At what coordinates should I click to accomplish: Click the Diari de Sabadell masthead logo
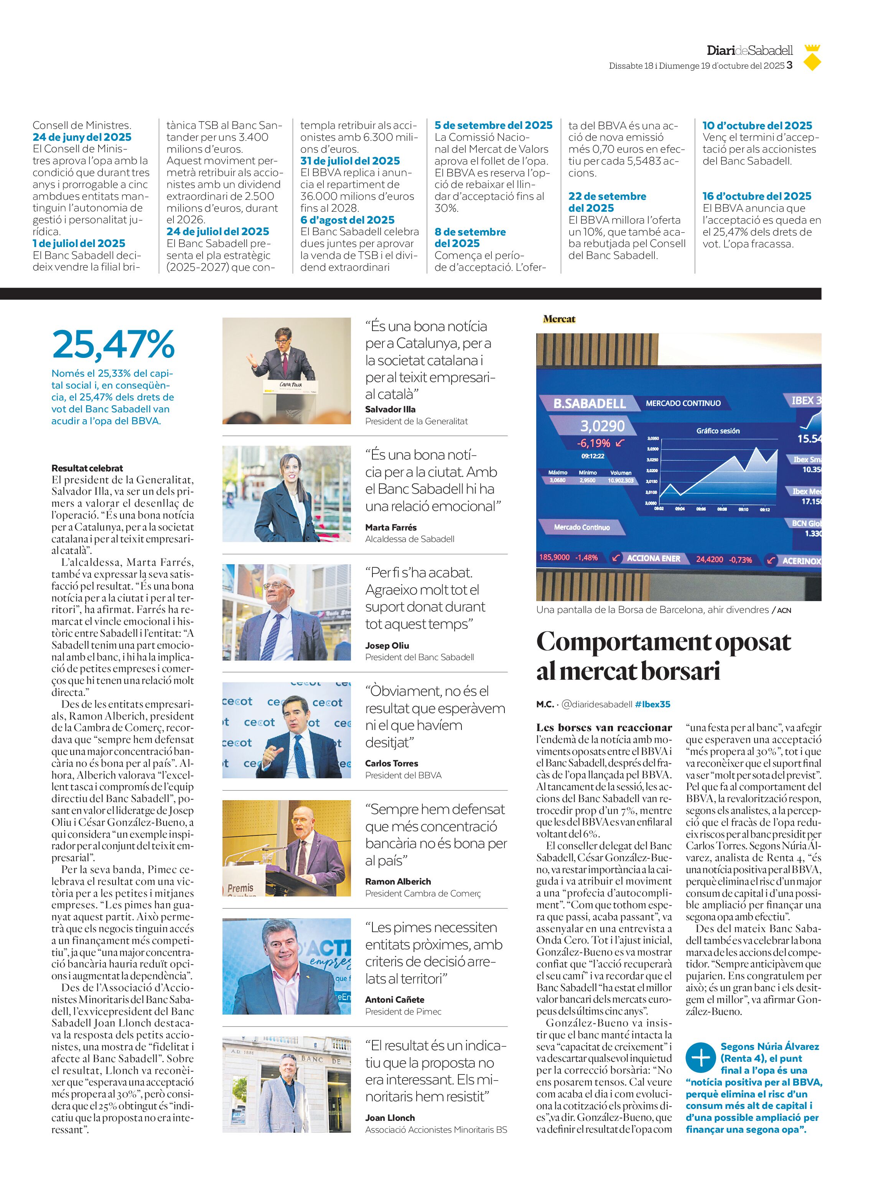point(749,51)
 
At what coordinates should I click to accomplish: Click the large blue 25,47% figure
point(113,344)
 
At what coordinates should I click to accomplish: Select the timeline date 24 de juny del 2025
point(82,137)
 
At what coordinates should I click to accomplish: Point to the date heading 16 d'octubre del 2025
point(756,196)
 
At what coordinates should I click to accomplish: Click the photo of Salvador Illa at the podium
point(287,371)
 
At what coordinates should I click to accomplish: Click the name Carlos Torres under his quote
point(391,763)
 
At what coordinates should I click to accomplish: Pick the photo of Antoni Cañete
point(287,967)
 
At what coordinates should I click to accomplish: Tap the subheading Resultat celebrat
point(87,468)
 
